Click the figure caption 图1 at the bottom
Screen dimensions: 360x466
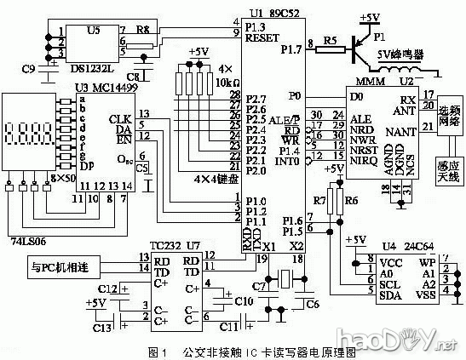(x=155, y=351)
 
